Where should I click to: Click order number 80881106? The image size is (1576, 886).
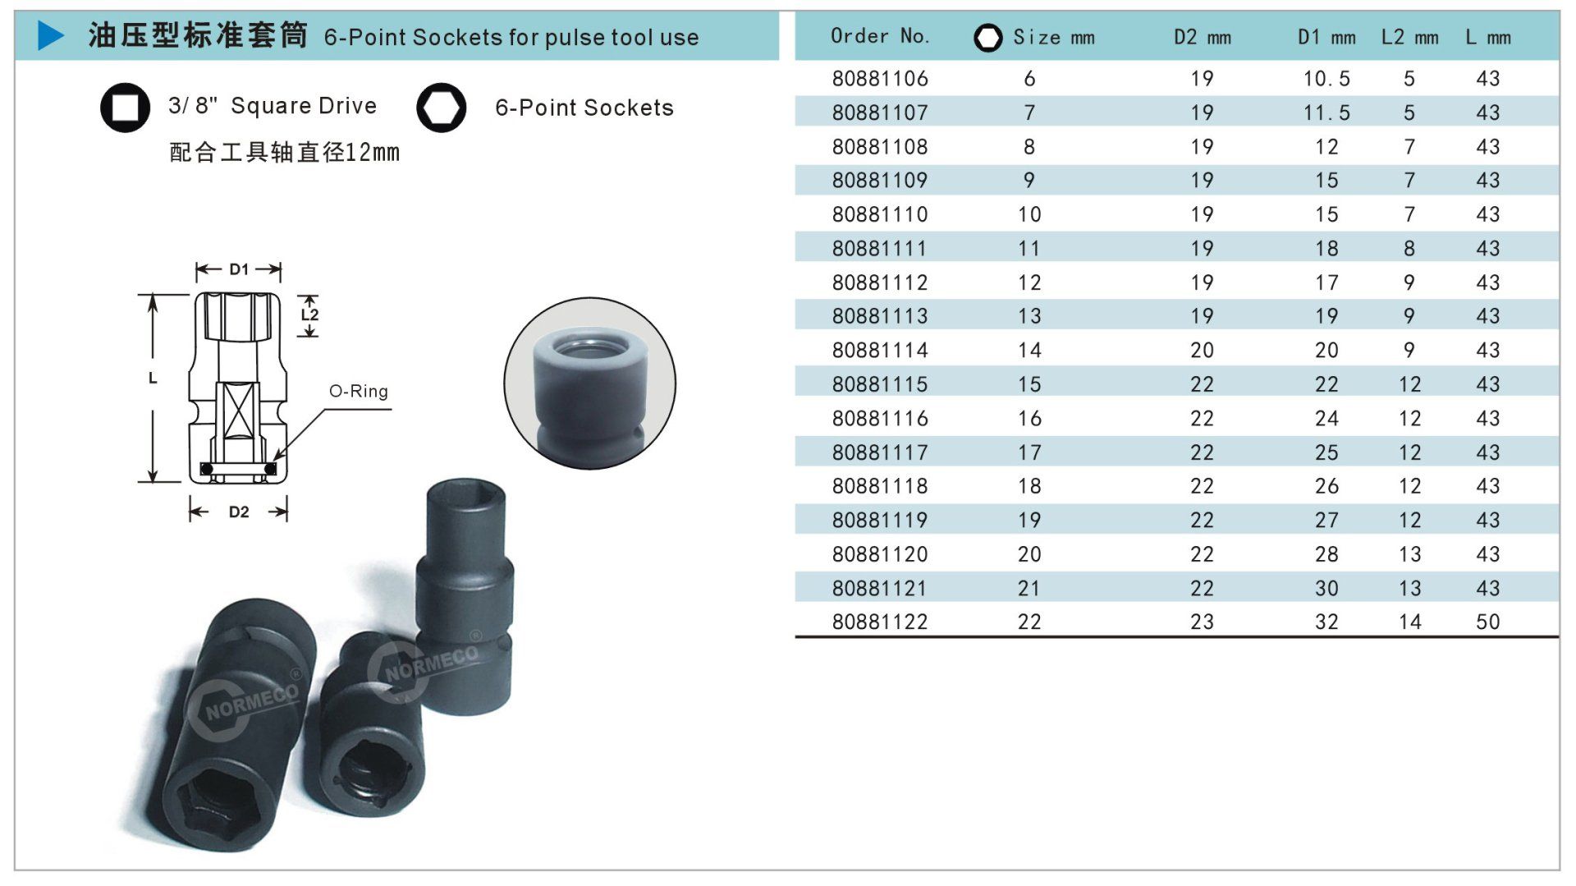click(880, 79)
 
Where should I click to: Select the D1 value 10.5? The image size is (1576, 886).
click(1326, 79)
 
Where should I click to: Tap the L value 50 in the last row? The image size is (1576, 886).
click(1488, 622)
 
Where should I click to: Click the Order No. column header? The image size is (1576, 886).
click(880, 36)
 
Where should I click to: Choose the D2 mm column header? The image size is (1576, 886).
click(1203, 37)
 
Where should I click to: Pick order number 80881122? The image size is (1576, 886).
click(880, 622)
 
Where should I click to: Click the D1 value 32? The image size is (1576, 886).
click(1326, 622)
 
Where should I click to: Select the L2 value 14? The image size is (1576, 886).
click(1410, 622)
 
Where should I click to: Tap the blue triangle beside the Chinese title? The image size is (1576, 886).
click(50, 35)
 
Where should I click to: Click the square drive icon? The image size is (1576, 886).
click(125, 108)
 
